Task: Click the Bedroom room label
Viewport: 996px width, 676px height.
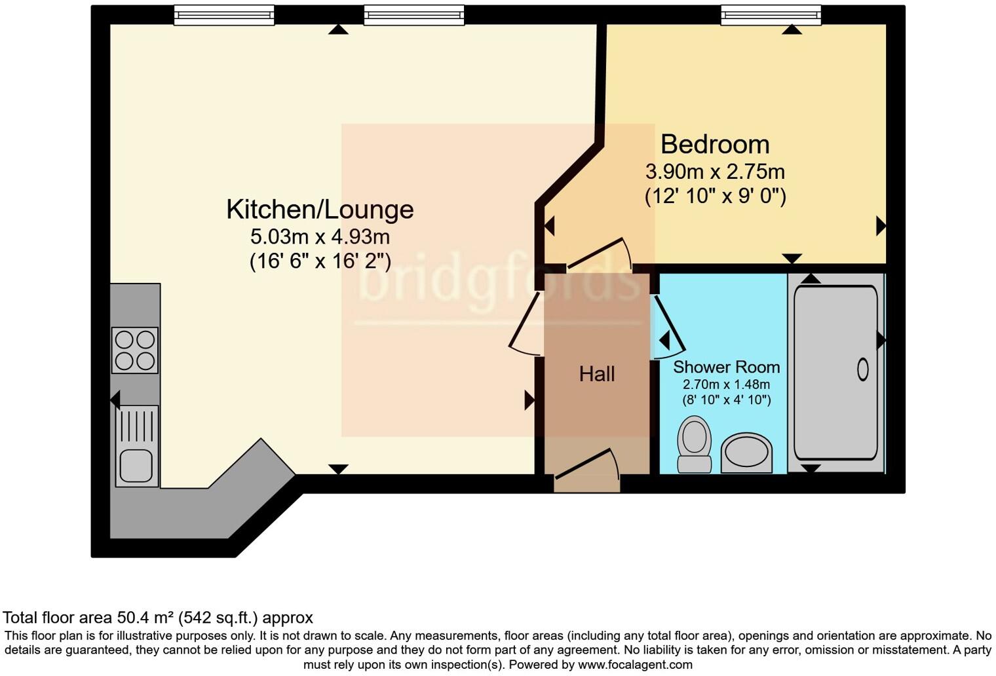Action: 714,144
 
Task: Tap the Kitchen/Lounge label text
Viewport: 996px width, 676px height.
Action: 320,210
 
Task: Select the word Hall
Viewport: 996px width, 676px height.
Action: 596,374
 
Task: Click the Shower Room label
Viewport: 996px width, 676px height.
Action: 726,367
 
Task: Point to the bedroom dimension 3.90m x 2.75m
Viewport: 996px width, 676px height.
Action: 715,172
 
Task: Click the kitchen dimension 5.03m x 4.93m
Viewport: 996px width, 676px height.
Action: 320,236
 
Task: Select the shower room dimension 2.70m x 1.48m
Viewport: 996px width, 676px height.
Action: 726,385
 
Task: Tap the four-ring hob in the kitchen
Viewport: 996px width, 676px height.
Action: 135,350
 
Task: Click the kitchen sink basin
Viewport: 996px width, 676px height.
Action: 136,465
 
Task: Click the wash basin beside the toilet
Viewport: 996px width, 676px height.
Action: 746,452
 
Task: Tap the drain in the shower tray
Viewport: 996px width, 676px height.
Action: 862,370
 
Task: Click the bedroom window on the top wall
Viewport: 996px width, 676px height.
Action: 771,14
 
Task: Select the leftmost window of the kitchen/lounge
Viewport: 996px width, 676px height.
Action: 224,14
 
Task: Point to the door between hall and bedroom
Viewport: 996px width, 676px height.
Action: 598,254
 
